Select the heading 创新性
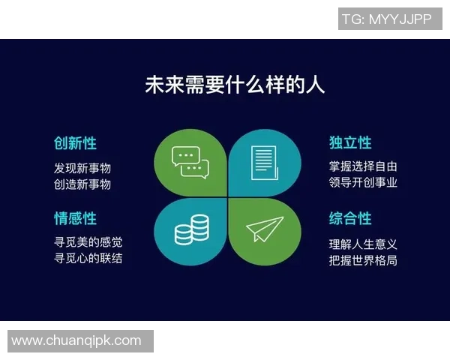coord(75,142)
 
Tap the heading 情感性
coord(75,218)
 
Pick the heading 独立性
coord(350,142)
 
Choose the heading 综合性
coord(350,218)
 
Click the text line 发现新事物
coord(82,168)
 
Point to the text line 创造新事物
coord(82,184)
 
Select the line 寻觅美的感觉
coord(88,242)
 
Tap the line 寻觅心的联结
coord(88,258)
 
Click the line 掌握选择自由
coord(363,166)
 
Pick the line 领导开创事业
coord(363,182)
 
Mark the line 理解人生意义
coord(363,244)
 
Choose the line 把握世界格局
coord(363,260)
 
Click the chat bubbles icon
coord(190,161)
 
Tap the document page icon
coord(264,161)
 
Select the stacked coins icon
coord(190,229)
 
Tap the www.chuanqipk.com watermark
coord(76,340)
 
